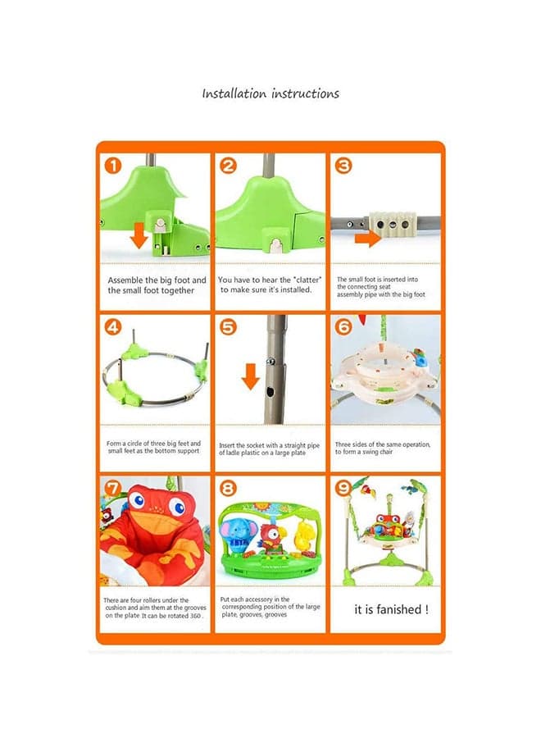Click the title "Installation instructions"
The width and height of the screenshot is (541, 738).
click(x=270, y=93)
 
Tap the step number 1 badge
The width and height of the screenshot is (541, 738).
click(x=113, y=166)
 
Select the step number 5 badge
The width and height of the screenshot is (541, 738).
click(x=228, y=326)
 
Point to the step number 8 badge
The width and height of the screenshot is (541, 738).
click(x=228, y=488)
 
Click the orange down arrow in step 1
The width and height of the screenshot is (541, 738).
click(x=139, y=235)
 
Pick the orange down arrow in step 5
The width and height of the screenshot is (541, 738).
click(x=251, y=376)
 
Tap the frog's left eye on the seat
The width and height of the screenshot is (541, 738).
click(x=138, y=499)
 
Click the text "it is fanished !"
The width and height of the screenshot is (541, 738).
click(x=391, y=609)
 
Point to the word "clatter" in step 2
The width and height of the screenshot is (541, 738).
click(x=307, y=280)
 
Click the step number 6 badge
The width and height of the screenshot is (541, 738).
click(x=343, y=326)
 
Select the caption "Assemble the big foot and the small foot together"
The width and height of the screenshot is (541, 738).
click(x=157, y=285)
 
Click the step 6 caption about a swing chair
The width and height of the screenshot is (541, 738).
click(x=383, y=448)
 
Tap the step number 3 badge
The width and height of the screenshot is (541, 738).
click(x=343, y=166)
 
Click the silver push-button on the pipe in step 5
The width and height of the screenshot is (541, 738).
click(x=271, y=362)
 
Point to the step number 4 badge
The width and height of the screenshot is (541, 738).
click(x=113, y=326)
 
